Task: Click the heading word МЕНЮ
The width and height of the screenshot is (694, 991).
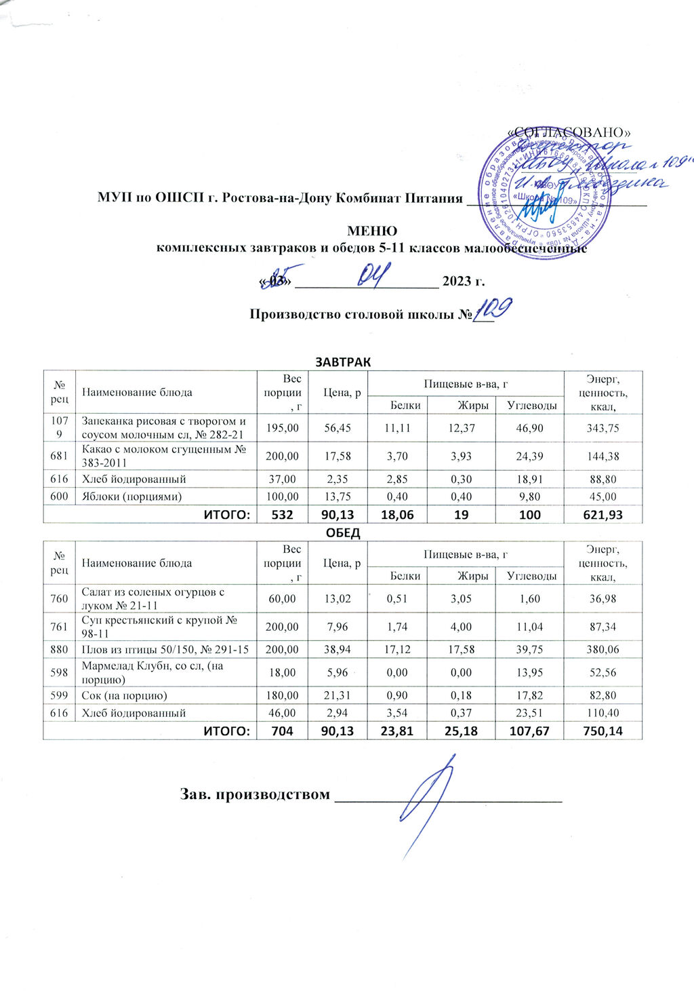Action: click(372, 231)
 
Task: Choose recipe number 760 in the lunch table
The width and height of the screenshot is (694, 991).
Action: click(59, 598)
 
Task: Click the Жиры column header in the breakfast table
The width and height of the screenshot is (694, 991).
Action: click(473, 405)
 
